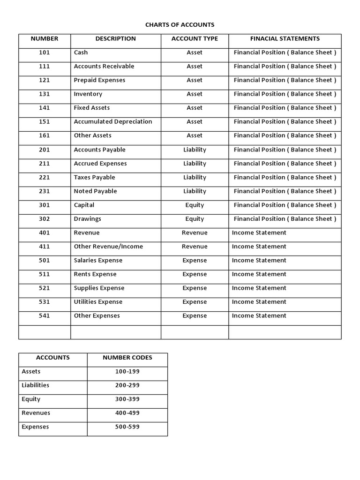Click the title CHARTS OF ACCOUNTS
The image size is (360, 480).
180,25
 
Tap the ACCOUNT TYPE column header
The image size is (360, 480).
195,39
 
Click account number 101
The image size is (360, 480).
44,52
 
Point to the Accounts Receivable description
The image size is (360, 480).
104,67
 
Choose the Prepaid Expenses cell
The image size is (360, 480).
99,80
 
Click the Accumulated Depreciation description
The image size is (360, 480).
113,122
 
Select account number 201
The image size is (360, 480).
44,150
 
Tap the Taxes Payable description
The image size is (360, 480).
94,178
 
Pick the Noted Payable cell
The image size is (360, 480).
95,191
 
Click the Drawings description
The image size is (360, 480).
87,219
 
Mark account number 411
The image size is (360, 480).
44,247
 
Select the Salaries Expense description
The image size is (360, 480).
98,261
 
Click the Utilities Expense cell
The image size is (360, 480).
98,302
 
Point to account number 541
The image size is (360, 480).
44,316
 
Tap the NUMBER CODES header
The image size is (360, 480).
127,358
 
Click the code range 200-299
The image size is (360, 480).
127,385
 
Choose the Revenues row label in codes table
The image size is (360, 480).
36,413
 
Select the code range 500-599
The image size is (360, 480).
127,427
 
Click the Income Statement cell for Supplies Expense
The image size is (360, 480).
259,288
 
